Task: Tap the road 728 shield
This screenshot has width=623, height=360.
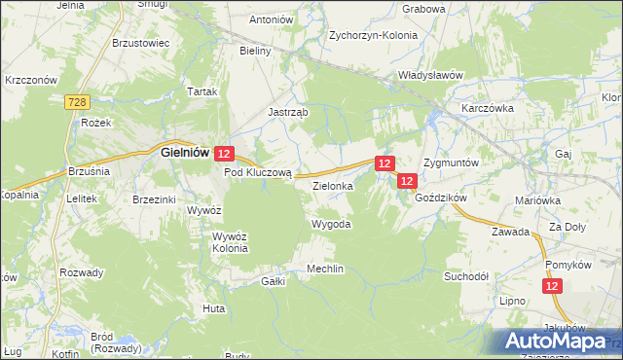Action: pos(79,102)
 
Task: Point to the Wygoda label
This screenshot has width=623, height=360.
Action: pos(330,224)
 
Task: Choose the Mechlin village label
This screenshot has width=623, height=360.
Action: pos(325,269)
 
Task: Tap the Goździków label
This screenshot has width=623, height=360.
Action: pos(442,197)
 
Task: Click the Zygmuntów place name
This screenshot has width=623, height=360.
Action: pos(452,162)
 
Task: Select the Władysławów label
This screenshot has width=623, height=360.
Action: pos(429,74)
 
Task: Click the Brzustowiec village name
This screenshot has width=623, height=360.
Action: pos(141,43)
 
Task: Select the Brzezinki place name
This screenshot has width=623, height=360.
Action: pos(154,199)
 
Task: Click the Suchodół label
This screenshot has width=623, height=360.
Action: pos(466,275)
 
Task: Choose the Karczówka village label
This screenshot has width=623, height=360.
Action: pos(488,108)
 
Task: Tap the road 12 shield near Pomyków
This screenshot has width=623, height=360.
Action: pos(552,285)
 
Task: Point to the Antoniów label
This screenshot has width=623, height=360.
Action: pos(272,18)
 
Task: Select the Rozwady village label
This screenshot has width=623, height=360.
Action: pos(81,272)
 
